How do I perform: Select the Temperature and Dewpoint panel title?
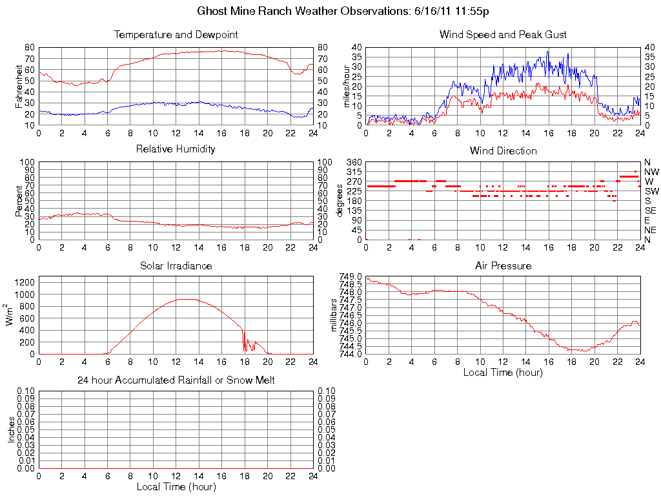click(x=176, y=34)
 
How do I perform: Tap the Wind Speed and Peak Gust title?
click(x=503, y=34)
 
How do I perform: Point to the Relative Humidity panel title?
click(x=176, y=149)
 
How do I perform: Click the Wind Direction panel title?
click(x=503, y=150)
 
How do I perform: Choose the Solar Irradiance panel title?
click(x=176, y=265)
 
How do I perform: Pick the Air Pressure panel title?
click(x=503, y=265)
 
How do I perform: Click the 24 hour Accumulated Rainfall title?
click(x=176, y=380)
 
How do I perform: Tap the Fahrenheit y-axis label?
click(x=19, y=87)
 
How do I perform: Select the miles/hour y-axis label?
click(x=347, y=87)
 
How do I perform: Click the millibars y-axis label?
click(x=334, y=315)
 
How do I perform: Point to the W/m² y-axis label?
click(x=11, y=315)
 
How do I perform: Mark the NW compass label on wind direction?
click(x=651, y=172)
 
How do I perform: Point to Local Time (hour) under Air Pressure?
click(x=503, y=372)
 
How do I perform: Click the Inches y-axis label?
click(x=11, y=429)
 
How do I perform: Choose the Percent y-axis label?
click(x=19, y=201)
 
